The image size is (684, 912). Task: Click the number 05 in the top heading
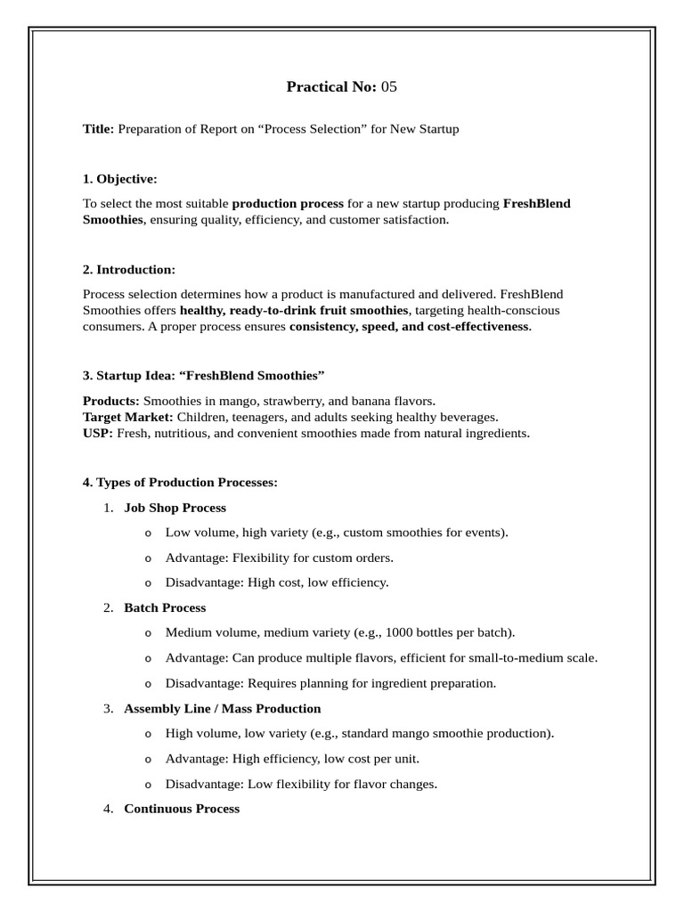(388, 86)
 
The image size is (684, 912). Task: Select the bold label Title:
(98, 129)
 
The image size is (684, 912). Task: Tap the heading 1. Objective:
(119, 179)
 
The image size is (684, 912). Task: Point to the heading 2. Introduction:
(129, 270)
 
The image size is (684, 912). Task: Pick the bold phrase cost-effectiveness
(473, 327)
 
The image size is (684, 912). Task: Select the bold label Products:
(111, 402)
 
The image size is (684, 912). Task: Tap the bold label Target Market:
(127, 418)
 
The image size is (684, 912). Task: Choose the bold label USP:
(97, 434)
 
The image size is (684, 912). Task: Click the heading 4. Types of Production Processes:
(180, 483)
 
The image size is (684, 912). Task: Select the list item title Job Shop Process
(175, 508)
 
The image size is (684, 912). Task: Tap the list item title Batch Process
(165, 607)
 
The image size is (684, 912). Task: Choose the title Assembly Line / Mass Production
(223, 709)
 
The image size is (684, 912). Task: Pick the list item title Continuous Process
(182, 809)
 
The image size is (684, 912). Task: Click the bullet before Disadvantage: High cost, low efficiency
(148, 583)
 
